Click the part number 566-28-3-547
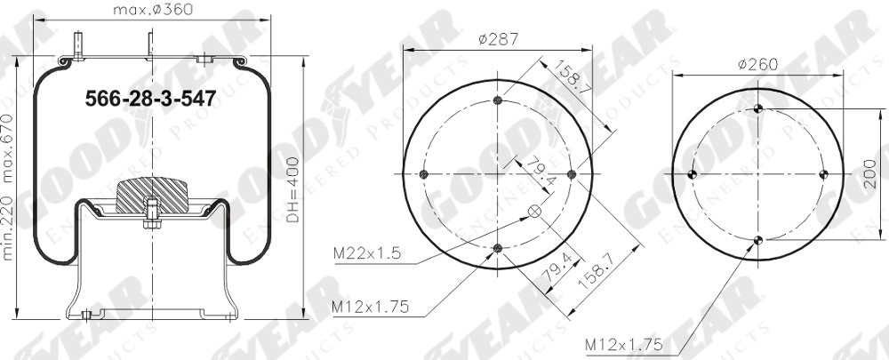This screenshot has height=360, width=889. (x=149, y=100)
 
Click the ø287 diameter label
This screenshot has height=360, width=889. (x=498, y=39)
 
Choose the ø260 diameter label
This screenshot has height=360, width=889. (x=757, y=64)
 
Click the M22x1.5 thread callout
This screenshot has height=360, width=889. (x=366, y=254)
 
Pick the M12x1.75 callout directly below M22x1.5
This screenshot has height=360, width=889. (x=370, y=307)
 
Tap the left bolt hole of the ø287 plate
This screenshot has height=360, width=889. (x=424, y=174)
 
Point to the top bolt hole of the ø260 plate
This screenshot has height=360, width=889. (x=757, y=108)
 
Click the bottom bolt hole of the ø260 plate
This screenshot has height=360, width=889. (x=757, y=240)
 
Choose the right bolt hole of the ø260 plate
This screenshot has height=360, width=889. (x=823, y=174)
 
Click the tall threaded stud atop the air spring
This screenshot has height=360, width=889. (x=80, y=45)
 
